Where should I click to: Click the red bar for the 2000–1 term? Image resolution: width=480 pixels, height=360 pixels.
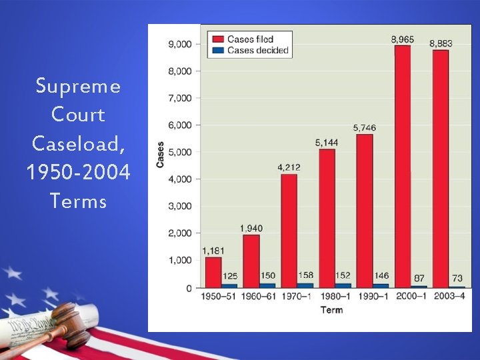[402, 167]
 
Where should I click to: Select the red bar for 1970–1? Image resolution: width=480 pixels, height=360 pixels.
[289, 230]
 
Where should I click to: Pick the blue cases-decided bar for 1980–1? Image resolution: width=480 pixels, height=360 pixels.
[343, 285]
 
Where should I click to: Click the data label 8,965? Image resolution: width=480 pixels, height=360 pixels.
[402, 40]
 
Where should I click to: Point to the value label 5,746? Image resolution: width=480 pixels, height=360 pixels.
[365, 127]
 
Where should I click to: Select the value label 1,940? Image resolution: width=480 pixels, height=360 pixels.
[251, 229]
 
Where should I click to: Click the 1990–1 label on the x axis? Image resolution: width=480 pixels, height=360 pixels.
[373, 297]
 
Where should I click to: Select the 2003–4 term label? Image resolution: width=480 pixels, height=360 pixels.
[449, 297]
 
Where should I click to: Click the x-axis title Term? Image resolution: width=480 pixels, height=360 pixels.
[331, 310]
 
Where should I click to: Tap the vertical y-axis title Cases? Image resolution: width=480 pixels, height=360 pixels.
[160, 154]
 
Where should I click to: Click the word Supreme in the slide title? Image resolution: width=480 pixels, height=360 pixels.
[78, 86]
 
